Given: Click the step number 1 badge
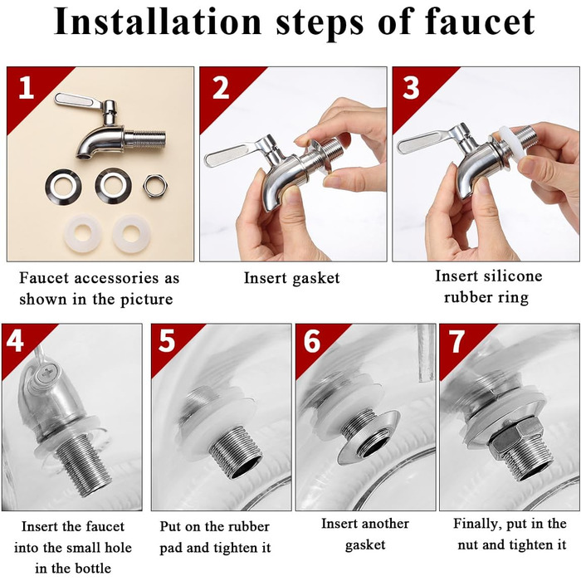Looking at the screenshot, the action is point(26,88).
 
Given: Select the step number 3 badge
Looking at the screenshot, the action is point(411,88).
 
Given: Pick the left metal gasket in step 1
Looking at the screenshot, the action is point(63,186).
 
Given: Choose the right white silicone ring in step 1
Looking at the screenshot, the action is point(130,233).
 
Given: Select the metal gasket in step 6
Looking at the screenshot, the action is point(369,437).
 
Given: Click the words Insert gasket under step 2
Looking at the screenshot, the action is point(291,278).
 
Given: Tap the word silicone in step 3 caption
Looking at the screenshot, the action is point(515,276).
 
